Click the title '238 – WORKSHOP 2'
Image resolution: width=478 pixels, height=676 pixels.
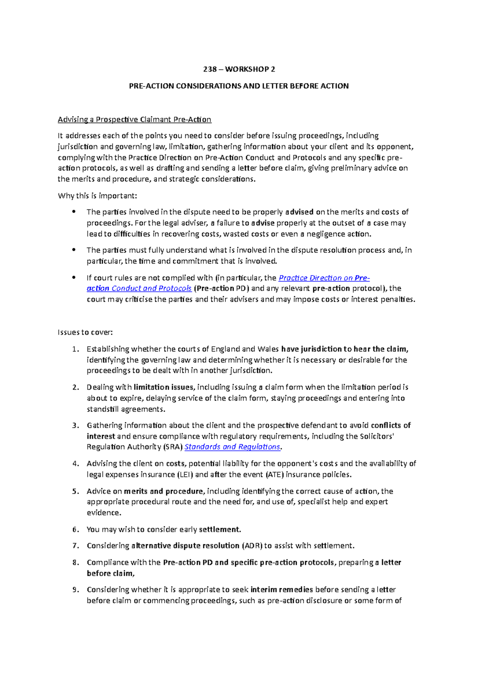(x=239, y=69)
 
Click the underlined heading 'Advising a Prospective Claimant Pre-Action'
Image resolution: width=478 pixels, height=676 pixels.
(x=134, y=119)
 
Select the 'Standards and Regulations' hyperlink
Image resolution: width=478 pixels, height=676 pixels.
(x=232, y=447)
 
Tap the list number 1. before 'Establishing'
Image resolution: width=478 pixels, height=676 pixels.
(x=76, y=349)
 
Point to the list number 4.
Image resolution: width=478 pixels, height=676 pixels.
(x=76, y=463)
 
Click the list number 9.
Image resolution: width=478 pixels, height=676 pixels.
(x=76, y=590)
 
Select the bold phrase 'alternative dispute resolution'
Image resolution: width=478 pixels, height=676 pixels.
(x=185, y=545)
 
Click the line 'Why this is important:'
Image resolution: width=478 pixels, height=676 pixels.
(x=97, y=195)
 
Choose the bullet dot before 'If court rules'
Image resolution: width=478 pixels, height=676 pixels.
(x=74, y=277)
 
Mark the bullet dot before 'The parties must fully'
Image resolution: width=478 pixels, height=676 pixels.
(x=74, y=250)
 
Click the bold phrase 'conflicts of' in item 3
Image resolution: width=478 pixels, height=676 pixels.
(x=391, y=425)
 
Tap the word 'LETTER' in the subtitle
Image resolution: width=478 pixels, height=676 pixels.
(x=274, y=86)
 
